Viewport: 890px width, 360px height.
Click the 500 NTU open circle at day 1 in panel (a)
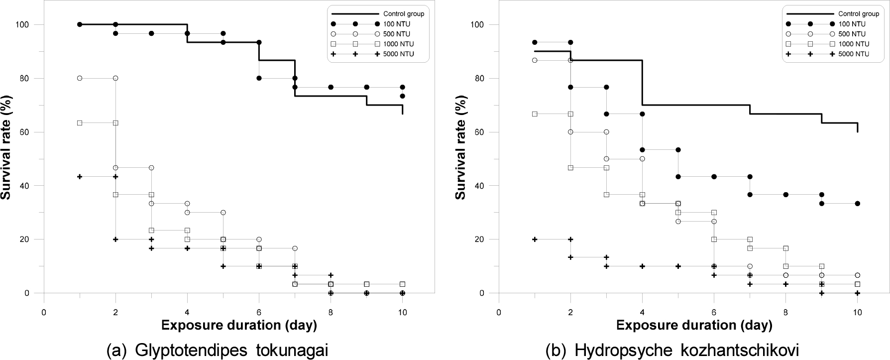click(80, 78)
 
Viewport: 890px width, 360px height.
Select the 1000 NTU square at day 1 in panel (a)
click(80, 123)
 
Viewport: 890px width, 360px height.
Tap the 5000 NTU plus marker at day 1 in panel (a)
click(80, 177)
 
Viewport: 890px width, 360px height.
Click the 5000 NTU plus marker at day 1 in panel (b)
click(535, 240)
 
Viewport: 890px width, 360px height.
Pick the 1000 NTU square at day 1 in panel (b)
click(535, 114)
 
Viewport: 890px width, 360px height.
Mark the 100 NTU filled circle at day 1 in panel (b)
click(535, 42)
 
